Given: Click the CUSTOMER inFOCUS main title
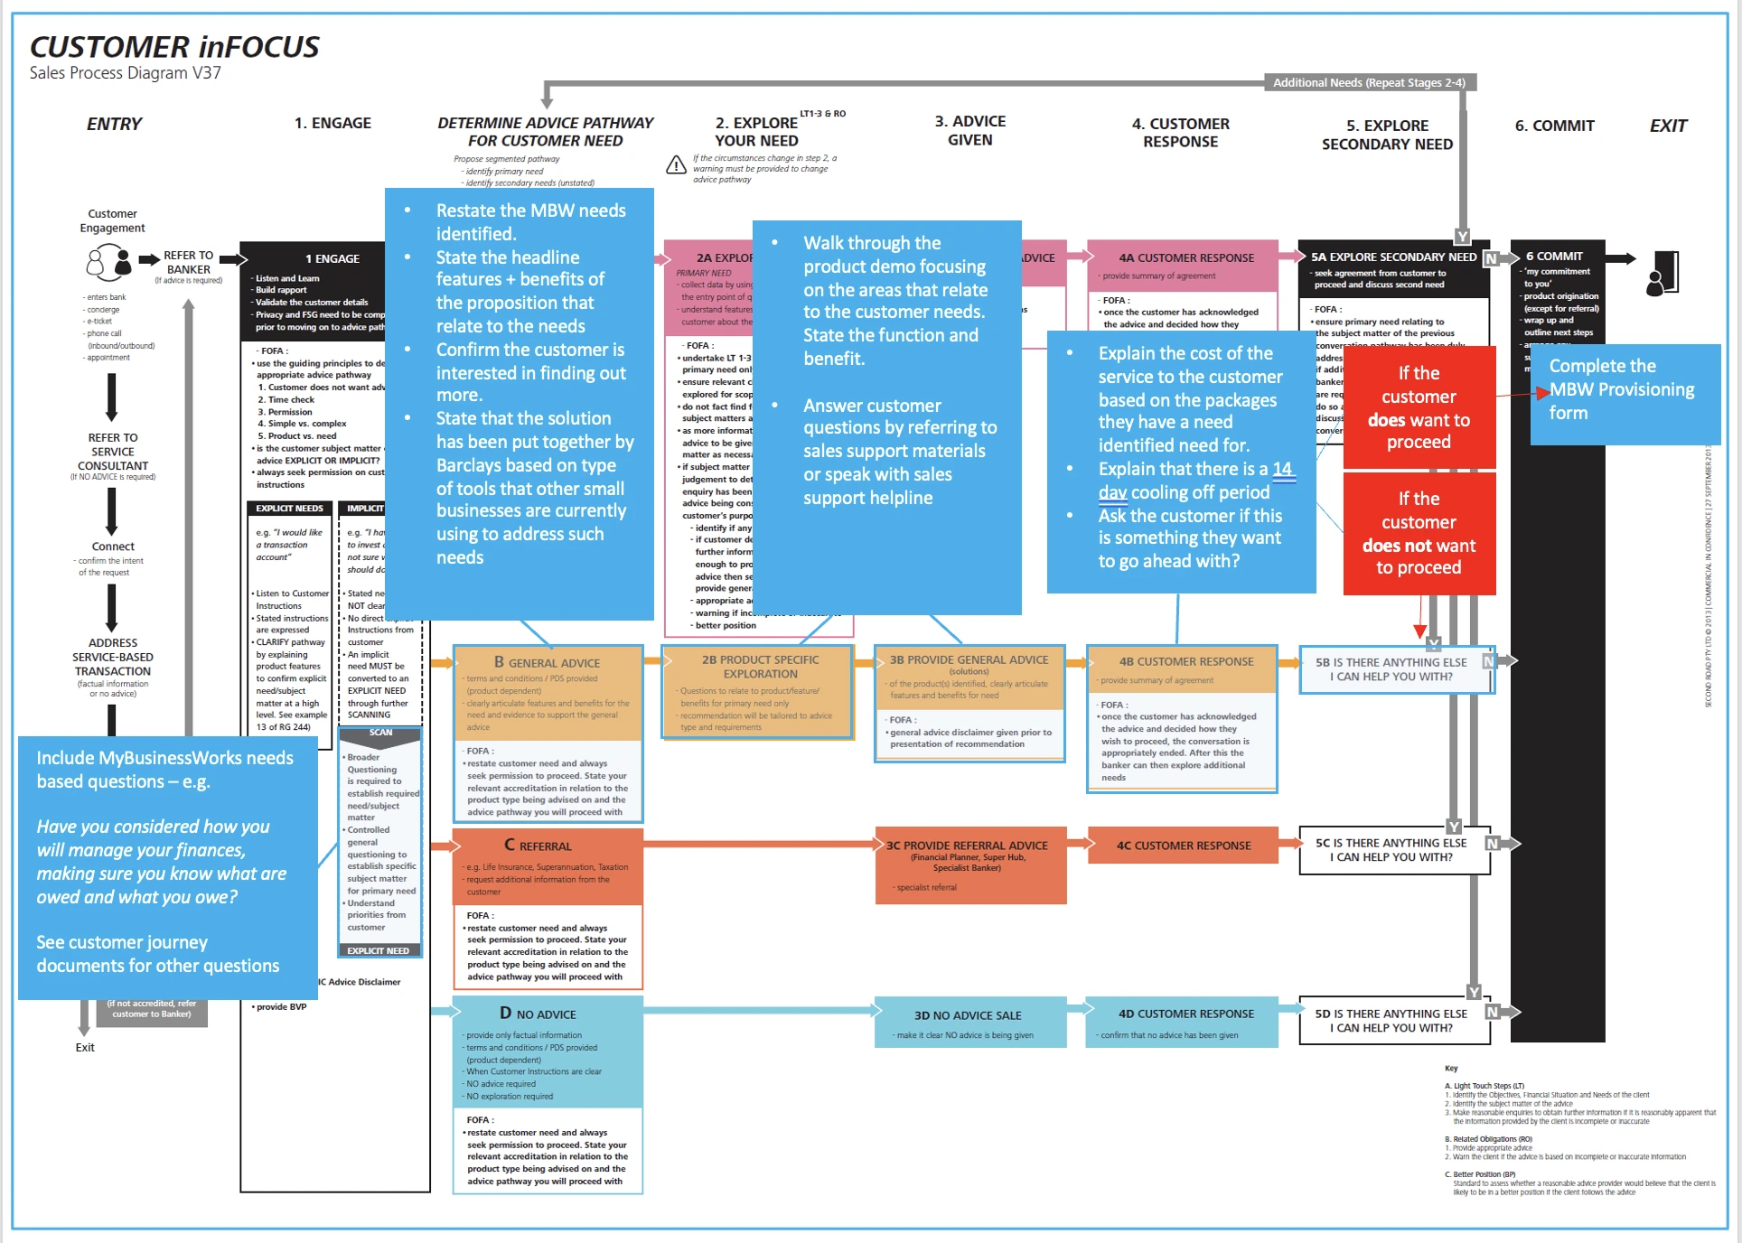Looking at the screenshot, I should coord(174,47).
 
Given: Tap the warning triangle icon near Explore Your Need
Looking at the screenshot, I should coord(676,165).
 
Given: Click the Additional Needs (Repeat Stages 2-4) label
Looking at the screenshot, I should coord(1368,83).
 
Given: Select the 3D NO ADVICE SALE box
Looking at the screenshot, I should coord(967,1022).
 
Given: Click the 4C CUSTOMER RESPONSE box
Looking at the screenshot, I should coord(1183,846).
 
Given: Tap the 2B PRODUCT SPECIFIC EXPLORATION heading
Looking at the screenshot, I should coord(760,667).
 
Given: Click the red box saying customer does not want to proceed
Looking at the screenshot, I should coord(1419,533).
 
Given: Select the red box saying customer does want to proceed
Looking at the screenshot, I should coord(1419,407).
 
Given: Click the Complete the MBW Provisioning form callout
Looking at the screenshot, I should coord(1624,390).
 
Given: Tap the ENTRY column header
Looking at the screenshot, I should coord(114,124).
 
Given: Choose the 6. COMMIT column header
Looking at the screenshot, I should coord(1554,126).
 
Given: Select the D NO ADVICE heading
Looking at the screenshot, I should coord(539,1014).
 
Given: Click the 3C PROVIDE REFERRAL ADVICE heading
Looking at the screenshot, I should coord(967,846).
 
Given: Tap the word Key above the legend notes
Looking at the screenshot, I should coord(1451,1068).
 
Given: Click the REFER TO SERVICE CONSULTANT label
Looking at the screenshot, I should coord(113,452).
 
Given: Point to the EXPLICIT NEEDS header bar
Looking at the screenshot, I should coord(289,509).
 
